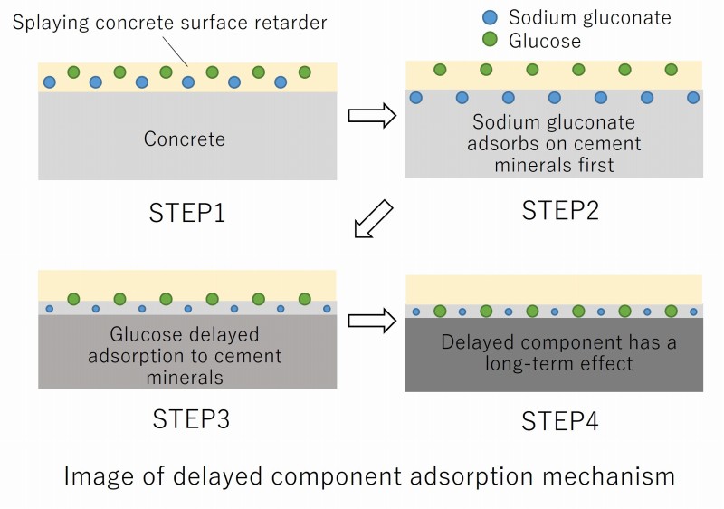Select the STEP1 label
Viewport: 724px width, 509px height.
coord(187,214)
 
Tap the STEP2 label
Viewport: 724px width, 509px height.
coord(560,210)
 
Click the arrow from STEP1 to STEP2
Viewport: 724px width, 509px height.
coord(372,115)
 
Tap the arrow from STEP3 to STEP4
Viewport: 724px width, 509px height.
coord(372,319)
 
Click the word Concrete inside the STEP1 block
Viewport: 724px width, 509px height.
coord(185,139)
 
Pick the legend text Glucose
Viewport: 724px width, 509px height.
coord(545,41)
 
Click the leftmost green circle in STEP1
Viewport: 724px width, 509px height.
coord(73,72)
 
